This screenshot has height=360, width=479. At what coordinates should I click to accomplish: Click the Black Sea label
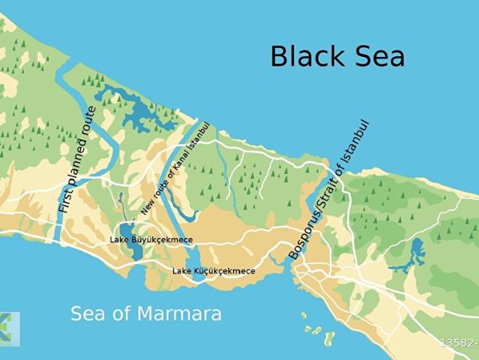(x=337, y=56)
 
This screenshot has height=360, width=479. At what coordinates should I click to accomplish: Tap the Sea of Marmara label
(x=146, y=313)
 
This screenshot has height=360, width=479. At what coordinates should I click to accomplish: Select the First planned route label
(x=78, y=160)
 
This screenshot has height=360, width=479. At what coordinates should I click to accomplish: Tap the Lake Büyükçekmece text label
(x=151, y=240)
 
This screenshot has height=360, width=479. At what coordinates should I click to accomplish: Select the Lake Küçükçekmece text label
(x=214, y=271)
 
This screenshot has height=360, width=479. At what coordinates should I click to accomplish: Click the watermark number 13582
(x=459, y=343)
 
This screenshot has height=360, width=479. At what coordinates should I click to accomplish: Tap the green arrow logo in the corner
(x=9, y=328)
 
